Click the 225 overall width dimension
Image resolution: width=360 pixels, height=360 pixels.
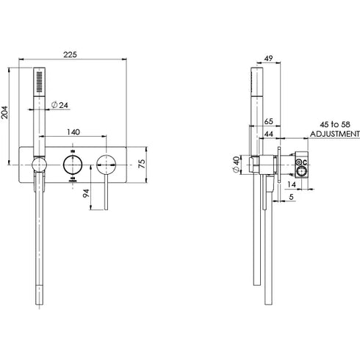pyautogui.click(x=71, y=54)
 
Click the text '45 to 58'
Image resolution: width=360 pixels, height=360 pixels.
pyautogui.click(x=332, y=126)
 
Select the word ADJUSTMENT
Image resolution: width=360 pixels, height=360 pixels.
pyautogui.click(x=334, y=135)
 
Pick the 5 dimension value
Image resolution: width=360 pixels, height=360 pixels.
pyautogui.click(x=292, y=197)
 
